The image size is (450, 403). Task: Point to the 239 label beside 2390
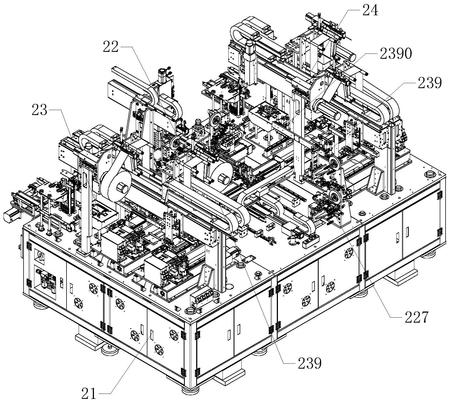click(428, 82)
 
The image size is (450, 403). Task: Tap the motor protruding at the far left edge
click(11, 216)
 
